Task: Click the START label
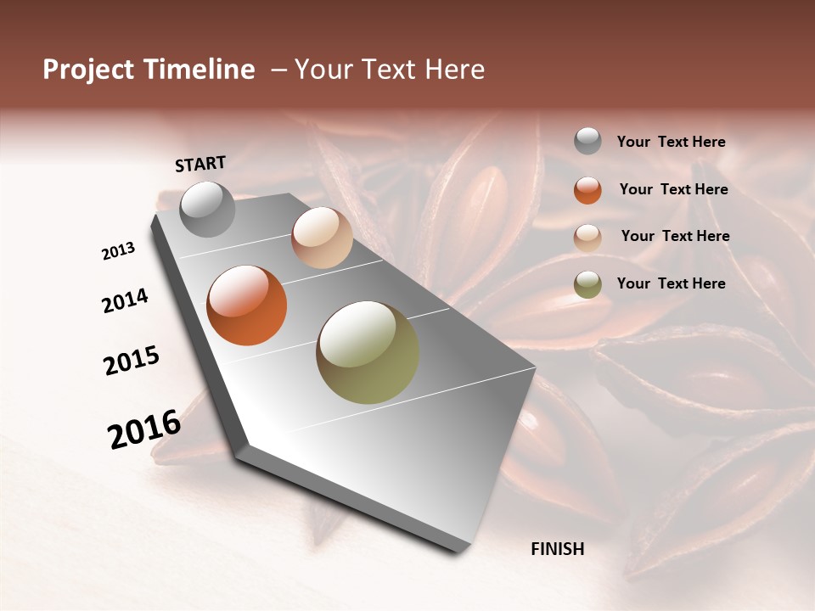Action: tap(200, 164)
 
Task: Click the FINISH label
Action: tap(558, 549)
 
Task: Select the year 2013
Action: tap(119, 251)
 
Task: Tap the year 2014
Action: tap(125, 301)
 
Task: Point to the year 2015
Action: tap(132, 361)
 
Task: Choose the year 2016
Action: tap(144, 429)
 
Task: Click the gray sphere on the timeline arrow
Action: tap(208, 209)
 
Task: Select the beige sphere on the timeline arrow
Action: tap(322, 238)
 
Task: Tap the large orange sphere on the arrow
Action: tap(247, 305)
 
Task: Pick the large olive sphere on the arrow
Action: tap(368, 352)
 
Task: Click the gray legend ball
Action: tap(587, 142)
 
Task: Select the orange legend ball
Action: tap(587, 190)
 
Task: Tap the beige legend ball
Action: tap(587, 238)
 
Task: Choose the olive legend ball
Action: tap(587, 284)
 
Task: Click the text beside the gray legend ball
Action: tap(671, 143)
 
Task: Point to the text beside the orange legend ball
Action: tap(673, 189)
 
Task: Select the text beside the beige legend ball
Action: tap(675, 236)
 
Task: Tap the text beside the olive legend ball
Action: tap(671, 283)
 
